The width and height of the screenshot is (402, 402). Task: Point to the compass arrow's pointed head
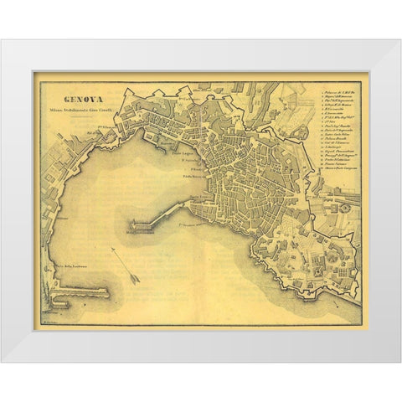[137, 283]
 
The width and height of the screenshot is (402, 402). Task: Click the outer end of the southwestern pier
[107, 292]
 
